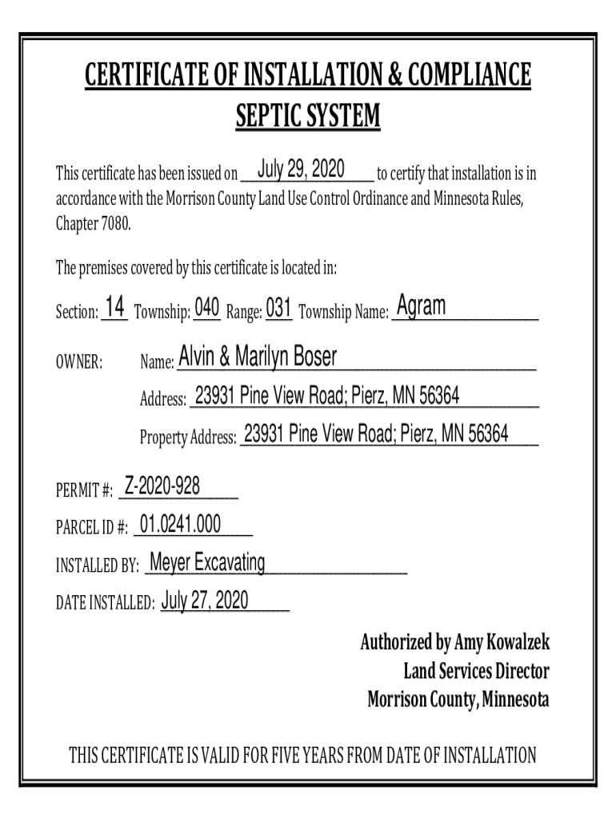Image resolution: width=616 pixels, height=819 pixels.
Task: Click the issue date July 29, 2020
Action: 301,170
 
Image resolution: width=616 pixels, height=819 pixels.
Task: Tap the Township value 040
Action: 207,308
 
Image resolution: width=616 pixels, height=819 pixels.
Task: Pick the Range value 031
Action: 278,308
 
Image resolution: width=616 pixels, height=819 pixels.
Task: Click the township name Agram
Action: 422,306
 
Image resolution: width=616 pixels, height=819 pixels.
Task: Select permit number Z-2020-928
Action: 162,485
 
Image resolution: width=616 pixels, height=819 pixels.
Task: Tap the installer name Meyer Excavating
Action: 207,562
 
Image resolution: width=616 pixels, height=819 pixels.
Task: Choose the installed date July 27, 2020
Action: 205,600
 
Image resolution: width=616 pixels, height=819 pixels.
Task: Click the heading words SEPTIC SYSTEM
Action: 308,118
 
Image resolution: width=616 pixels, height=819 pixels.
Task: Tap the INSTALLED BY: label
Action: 97,567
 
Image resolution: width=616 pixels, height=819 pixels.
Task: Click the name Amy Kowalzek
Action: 502,642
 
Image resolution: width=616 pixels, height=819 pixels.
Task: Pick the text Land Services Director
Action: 476,671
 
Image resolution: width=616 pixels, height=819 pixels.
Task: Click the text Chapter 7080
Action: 92,223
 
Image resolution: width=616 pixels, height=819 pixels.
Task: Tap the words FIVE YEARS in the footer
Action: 341,755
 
